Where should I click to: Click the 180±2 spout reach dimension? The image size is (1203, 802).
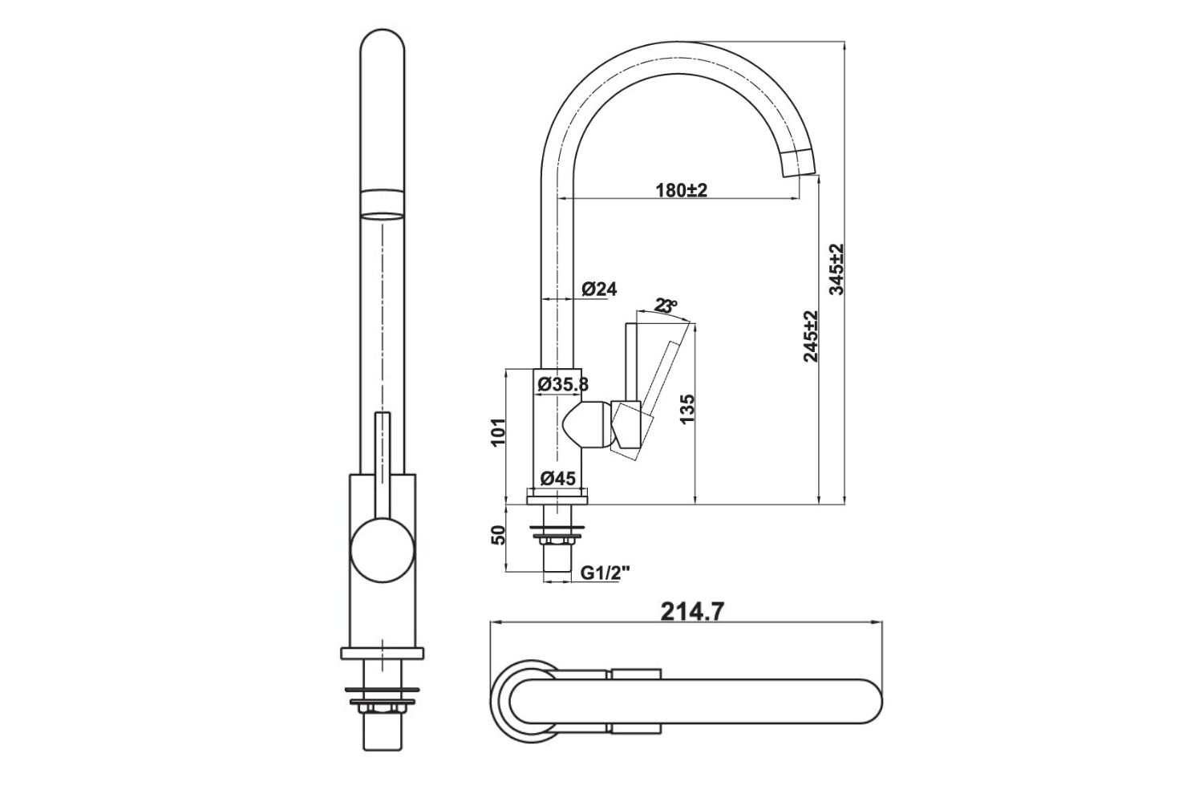(681, 190)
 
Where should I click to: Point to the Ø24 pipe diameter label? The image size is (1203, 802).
(599, 290)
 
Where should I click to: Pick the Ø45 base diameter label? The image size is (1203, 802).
(557, 479)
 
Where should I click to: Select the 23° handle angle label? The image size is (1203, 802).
(665, 306)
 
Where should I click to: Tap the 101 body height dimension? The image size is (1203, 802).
(497, 431)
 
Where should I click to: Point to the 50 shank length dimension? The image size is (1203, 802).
(497, 536)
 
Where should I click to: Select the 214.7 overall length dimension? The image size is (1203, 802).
(693, 612)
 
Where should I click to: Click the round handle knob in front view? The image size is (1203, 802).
(383, 549)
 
